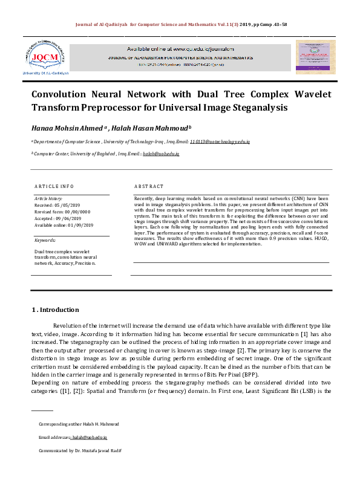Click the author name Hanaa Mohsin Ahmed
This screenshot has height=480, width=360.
pos(67,128)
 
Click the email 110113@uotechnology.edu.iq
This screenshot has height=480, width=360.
pos(220,141)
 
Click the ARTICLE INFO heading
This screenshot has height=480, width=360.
pos(54,186)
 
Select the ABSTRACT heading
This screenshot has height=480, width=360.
pos(149,186)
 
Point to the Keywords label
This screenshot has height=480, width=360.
pos(45,240)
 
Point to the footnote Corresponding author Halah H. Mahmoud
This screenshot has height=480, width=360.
pos(79,424)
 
